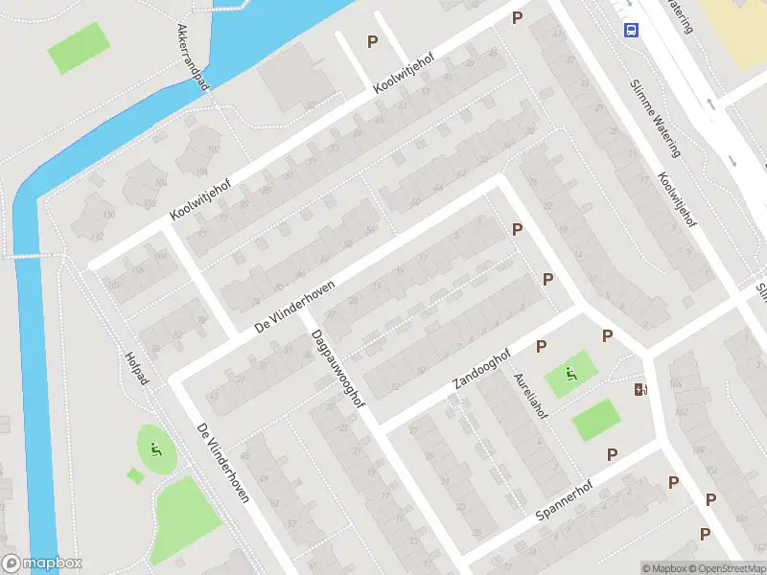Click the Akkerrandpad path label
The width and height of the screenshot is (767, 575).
click(x=193, y=58)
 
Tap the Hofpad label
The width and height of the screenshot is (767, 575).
click(x=138, y=368)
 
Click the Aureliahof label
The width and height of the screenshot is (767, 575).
click(x=531, y=396)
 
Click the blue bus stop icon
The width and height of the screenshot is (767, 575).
click(x=631, y=31)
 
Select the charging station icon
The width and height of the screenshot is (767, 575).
click(x=639, y=389)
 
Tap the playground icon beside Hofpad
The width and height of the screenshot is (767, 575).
click(x=155, y=447)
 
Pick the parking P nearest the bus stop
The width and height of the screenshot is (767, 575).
click(x=518, y=17)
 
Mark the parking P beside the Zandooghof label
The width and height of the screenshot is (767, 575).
click(x=542, y=345)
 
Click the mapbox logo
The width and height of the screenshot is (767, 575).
click(x=42, y=563)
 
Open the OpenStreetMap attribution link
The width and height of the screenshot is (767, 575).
click(x=727, y=568)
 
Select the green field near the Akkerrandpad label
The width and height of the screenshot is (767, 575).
click(x=80, y=47)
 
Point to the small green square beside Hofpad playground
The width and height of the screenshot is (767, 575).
click(x=133, y=475)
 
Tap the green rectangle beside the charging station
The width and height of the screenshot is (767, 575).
click(x=595, y=420)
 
